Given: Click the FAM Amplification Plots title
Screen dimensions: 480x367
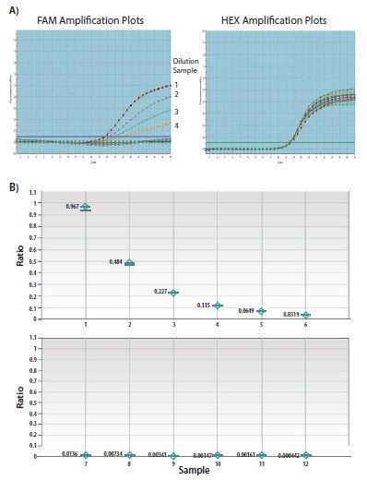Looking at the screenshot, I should pyautogui.click(x=87, y=19).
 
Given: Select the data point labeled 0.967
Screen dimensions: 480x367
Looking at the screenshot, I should pyautogui.click(x=86, y=207).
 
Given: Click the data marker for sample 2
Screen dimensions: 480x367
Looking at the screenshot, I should pyautogui.click(x=130, y=263).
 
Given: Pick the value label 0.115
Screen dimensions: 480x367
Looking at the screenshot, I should pyautogui.click(x=206, y=305).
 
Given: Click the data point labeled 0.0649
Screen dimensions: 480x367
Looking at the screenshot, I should pyautogui.click(x=261, y=311).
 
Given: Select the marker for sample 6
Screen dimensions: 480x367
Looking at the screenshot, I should pyautogui.click(x=305, y=315).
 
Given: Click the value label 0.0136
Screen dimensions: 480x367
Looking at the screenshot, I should pyautogui.click(x=70, y=453).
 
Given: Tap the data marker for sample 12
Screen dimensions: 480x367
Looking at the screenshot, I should pyautogui.click(x=305, y=455).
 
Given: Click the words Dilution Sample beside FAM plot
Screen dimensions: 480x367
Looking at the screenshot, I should pyautogui.click(x=187, y=66).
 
